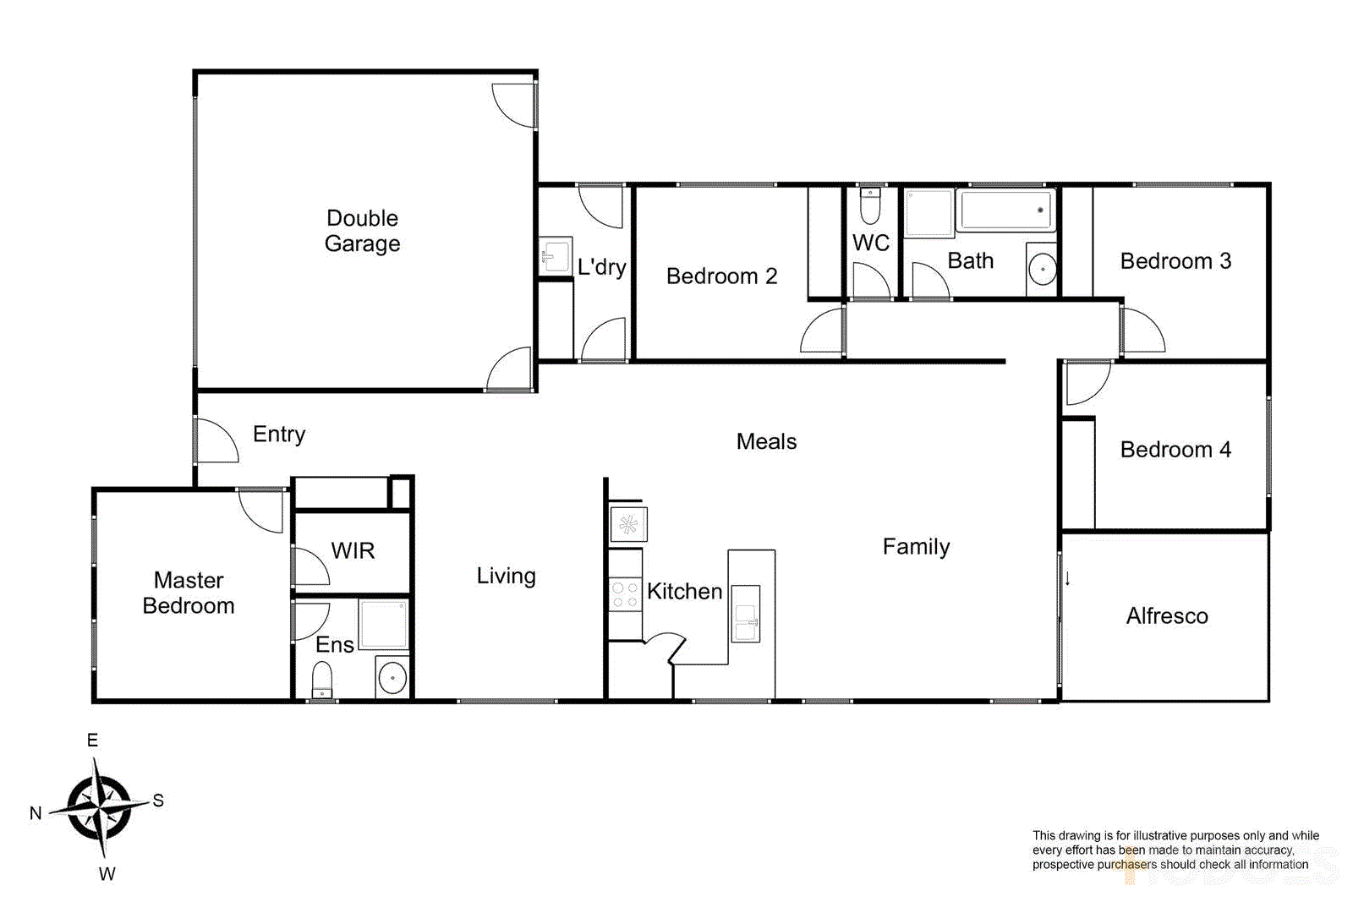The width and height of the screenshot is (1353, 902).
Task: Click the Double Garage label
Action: click(362, 231)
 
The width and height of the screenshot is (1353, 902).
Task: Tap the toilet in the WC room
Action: click(870, 205)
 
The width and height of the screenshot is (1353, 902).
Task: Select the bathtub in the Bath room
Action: click(1005, 210)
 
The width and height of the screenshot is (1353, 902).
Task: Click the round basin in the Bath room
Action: click(1043, 271)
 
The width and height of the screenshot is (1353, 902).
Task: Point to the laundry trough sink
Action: click(556, 254)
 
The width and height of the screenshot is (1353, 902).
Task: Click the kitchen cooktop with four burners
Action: click(625, 594)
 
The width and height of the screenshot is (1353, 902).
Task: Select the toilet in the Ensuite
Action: click(322, 681)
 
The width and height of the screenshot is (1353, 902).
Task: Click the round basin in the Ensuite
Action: click(392, 677)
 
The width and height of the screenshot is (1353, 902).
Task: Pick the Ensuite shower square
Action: click(383, 624)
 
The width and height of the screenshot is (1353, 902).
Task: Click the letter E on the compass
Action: click(93, 741)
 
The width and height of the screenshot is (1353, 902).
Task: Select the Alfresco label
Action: click(1166, 616)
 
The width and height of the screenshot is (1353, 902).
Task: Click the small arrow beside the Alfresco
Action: click(1068, 579)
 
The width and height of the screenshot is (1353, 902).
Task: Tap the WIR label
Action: click(353, 551)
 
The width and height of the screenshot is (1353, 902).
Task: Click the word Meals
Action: click(766, 441)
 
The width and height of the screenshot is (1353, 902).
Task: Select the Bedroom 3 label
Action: click(1175, 261)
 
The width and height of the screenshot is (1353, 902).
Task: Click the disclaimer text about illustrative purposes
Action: click(1175, 850)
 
